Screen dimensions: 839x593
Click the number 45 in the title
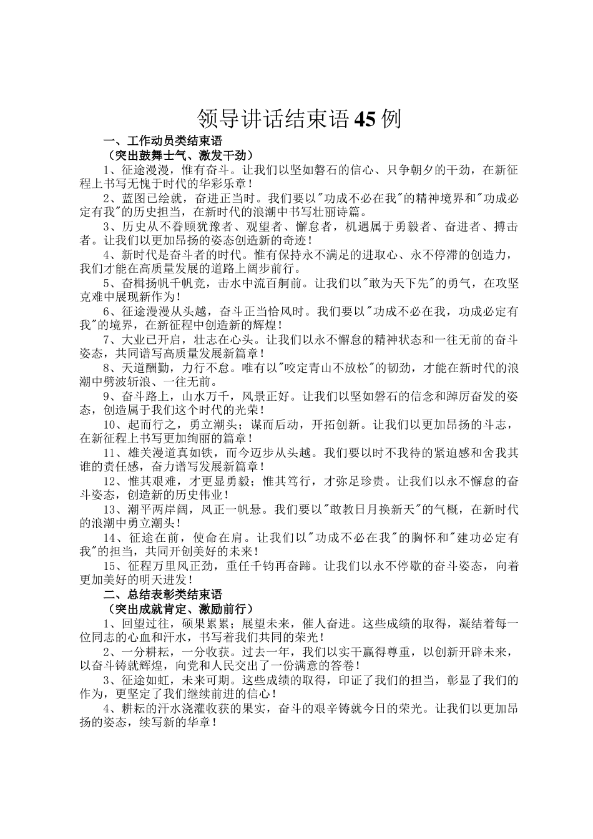click(365, 119)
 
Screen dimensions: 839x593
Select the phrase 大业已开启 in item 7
click(150, 340)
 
